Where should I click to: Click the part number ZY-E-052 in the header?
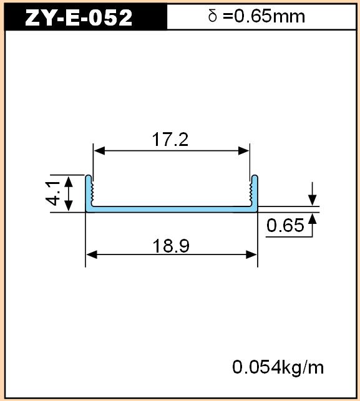(x=79, y=17)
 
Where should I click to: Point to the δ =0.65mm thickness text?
(x=256, y=16)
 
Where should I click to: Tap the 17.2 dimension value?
(x=170, y=139)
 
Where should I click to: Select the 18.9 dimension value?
(x=171, y=246)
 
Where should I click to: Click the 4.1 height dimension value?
(x=52, y=193)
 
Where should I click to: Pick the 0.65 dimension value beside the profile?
(x=285, y=225)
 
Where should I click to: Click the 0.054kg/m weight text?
(x=278, y=367)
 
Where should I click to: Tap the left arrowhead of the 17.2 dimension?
(x=99, y=151)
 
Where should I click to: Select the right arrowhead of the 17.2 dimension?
(x=243, y=151)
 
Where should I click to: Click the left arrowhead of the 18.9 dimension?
(x=91, y=254)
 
